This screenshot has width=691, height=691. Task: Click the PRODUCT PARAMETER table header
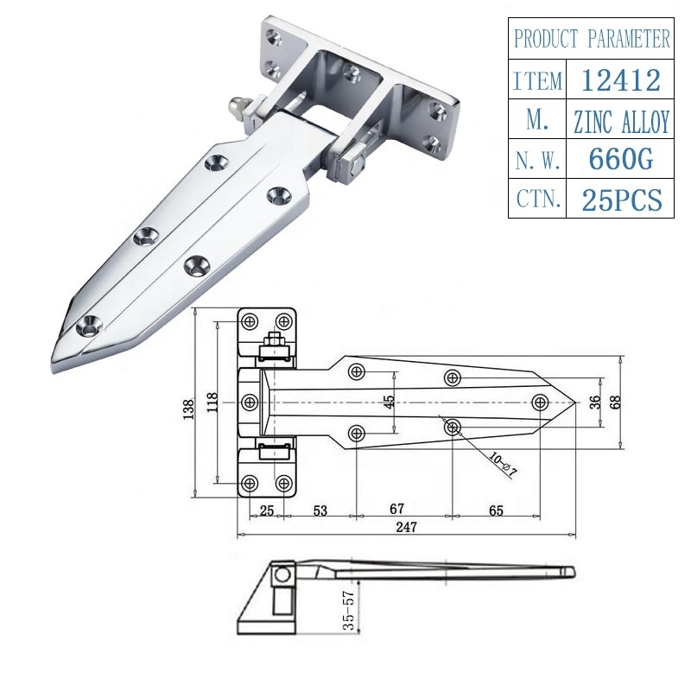click(592, 39)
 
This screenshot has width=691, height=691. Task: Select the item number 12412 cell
click(621, 80)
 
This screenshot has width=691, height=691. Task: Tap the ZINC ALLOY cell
click(621, 122)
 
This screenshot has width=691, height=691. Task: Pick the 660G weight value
click(621, 161)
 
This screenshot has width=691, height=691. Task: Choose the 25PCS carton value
click(621, 200)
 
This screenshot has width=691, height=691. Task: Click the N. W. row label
click(537, 161)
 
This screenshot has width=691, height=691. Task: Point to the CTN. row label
click(537, 200)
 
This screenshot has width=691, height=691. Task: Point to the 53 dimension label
click(320, 510)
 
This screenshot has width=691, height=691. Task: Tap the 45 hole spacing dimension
click(390, 402)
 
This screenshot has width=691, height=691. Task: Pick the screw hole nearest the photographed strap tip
click(88, 326)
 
